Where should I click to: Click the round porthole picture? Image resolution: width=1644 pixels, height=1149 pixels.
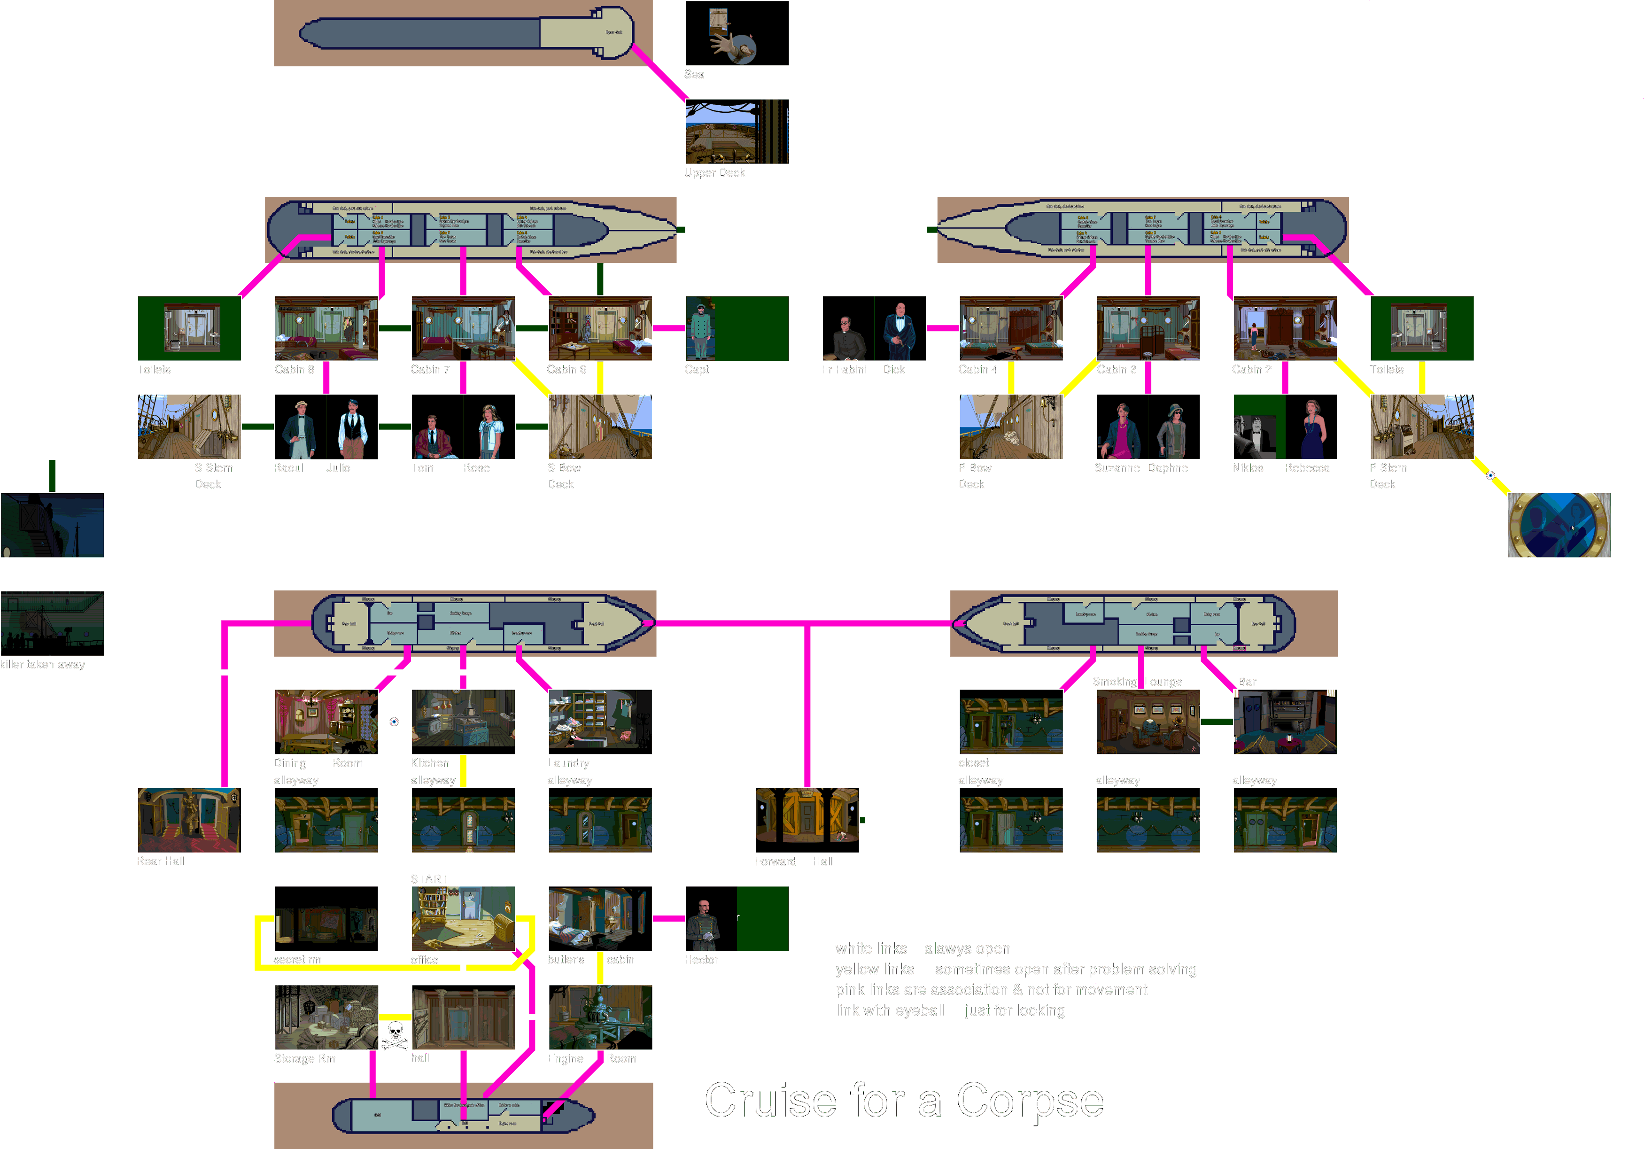coord(1559,525)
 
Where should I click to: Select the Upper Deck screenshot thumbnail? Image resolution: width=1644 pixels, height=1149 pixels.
coord(737,132)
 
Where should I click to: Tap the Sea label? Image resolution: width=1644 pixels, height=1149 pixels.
coord(694,74)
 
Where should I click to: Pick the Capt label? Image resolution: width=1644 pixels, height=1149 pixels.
coord(697,369)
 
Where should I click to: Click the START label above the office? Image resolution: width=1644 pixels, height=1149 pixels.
coord(428,878)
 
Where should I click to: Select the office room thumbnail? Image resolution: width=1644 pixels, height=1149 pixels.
coord(463,918)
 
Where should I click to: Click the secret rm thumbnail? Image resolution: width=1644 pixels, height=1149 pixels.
coord(326,918)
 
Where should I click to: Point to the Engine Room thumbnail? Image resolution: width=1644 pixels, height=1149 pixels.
coord(600,1017)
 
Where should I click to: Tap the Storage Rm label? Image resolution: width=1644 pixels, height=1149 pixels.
coord(304,1058)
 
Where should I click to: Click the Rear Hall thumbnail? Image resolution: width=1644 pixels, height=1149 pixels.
coord(189,820)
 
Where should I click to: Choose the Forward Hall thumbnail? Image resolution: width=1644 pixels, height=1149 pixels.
coord(807,820)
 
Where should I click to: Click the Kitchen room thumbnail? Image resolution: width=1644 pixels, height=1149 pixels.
coord(463,722)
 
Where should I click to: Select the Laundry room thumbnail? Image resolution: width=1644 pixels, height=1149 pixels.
coord(600,722)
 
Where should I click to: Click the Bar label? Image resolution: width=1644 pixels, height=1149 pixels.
coord(1247,682)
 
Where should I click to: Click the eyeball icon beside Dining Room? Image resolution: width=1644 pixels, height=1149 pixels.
coord(394,722)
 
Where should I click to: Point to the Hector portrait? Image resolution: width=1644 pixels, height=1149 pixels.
coord(710,918)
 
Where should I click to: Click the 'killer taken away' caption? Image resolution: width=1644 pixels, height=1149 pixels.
coord(43,664)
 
